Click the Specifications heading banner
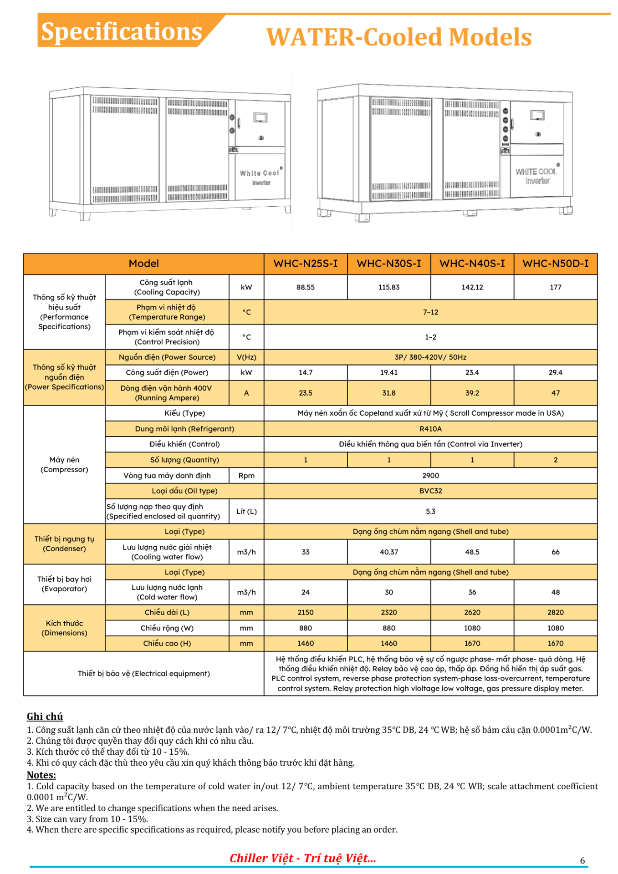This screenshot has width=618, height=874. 121,32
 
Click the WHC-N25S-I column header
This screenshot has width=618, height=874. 306,264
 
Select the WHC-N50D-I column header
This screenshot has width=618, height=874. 555,264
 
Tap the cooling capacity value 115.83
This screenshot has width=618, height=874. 389,287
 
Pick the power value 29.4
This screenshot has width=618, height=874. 555,372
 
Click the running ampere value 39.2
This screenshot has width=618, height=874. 472,393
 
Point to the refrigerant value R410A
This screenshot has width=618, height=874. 430,429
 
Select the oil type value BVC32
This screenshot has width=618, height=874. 430,491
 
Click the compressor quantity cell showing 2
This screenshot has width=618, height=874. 555,460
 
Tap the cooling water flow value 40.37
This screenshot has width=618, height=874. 389,552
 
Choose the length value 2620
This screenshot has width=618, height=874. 472,612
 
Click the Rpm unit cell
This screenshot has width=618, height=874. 246,475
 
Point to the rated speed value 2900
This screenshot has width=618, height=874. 430,475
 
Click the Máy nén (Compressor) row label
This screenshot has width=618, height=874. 64,465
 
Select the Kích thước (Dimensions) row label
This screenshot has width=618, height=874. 64,628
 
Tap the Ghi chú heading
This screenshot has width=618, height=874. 45,716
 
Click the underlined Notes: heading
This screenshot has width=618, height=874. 41,775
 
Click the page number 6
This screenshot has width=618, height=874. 582,860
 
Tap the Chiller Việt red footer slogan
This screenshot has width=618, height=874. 303,858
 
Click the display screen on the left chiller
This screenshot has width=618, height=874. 261,118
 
